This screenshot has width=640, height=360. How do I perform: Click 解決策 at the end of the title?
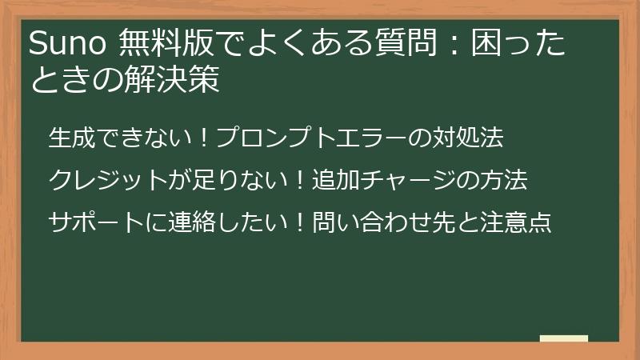tap(182, 81)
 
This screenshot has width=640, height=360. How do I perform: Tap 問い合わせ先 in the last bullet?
tap(383, 222)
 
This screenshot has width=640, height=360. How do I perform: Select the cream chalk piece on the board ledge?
tap(563, 338)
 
